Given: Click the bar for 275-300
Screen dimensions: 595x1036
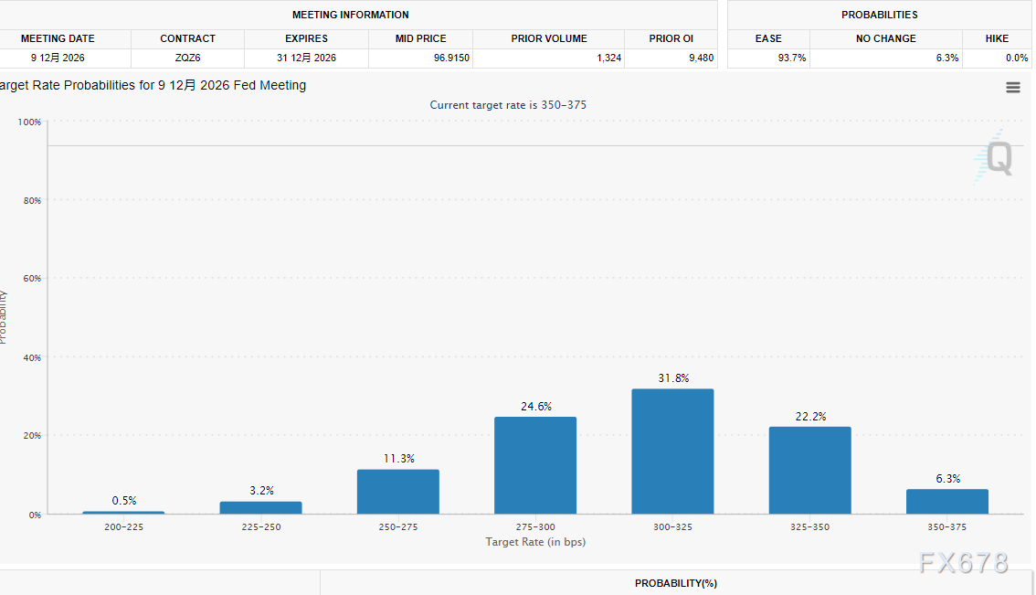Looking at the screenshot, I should click(x=535, y=465).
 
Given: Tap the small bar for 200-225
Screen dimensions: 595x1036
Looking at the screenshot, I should click(x=123, y=513).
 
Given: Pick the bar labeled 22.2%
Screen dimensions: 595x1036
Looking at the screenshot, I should click(x=809, y=470).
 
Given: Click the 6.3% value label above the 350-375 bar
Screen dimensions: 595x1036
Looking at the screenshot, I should click(x=946, y=479).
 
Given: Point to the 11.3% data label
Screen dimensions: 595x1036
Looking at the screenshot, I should click(x=397, y=459).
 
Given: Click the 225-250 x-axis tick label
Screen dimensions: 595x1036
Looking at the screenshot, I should click(x=261, y=527).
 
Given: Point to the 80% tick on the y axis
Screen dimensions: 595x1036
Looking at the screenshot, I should click(x=32, y=200).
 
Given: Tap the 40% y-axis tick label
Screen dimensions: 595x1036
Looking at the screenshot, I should click(x=32, y=357).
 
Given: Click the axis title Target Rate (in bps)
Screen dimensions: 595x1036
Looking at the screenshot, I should click(x=535, y=542).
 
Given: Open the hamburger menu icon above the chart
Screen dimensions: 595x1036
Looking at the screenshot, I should click(x=1012, y=88).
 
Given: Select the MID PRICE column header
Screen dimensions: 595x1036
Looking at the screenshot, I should click(x=421, y=38).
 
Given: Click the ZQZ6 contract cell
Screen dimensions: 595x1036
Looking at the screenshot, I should click(x=188, y=58).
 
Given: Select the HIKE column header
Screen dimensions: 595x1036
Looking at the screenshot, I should click(x=997, y=38).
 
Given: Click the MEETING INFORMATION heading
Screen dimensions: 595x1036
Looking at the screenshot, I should click(x=351, y=15).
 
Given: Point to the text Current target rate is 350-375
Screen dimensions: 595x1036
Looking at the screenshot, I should click(x=508, y=105).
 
